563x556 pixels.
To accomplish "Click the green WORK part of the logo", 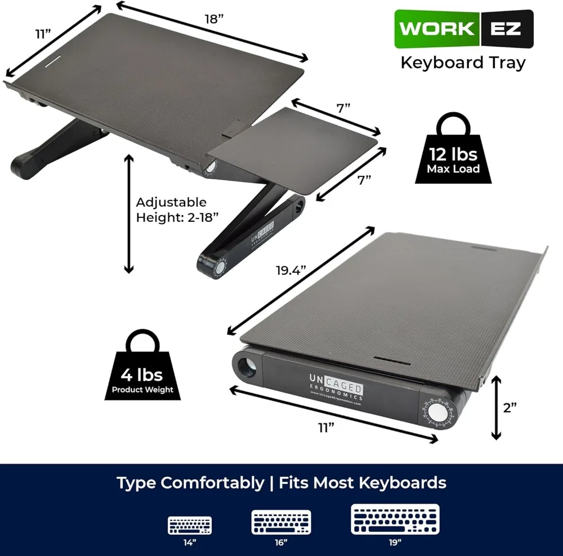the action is (437, 29).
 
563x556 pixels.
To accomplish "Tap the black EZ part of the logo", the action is (507, 29).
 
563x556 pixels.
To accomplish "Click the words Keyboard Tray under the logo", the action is (463, 63).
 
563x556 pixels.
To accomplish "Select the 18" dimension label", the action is (214, 19).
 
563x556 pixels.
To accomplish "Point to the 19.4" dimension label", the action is (291, 270).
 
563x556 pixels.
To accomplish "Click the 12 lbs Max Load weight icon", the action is (453, 148).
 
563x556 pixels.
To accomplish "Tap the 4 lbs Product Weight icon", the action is (142, 365).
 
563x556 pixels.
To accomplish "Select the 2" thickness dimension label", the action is (510, 408).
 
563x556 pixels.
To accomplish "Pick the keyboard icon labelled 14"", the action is (190, 525).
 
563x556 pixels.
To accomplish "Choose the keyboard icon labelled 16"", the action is (281, 522).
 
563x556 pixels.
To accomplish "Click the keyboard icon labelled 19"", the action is (395, 519).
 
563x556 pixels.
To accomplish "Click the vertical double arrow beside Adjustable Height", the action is (128, 214).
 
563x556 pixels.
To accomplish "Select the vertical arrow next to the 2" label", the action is (496, 408).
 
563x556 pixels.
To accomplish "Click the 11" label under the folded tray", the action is (326, 428).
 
